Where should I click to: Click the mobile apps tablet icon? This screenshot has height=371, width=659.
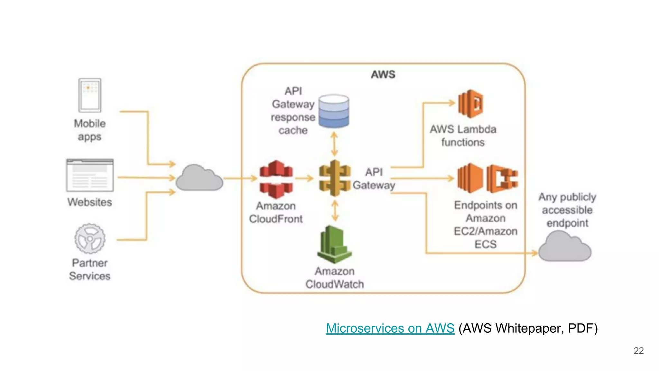coord(90,95)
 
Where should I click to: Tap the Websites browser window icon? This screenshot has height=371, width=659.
coord(90,175)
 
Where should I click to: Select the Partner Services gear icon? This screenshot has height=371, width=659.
coord(90,239)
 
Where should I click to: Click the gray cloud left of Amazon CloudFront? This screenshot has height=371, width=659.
coord(199,179)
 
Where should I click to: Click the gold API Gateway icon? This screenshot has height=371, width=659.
coord(335,178)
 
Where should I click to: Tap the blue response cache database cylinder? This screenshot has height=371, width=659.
coord(334,111)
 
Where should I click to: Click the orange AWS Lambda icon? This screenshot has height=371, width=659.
coord(470,104)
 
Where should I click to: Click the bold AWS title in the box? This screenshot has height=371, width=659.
coord(383,74)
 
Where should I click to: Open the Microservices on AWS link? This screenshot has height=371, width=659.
coord(390,328)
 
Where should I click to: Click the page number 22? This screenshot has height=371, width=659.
coord(638,350)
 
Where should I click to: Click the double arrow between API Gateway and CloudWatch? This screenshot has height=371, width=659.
coord(335,211)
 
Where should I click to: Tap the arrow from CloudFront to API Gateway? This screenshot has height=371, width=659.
coord(304,178)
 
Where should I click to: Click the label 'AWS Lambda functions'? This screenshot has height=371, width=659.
coord(463,136)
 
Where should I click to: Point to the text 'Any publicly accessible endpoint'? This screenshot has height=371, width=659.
coord(567,210)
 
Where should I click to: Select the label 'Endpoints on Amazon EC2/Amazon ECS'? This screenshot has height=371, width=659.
coord(486,224)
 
